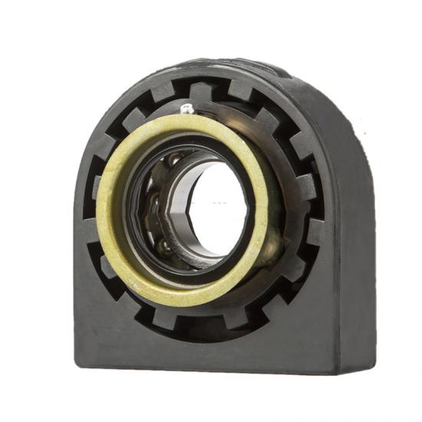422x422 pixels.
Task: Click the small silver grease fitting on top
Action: pos(186,109)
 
